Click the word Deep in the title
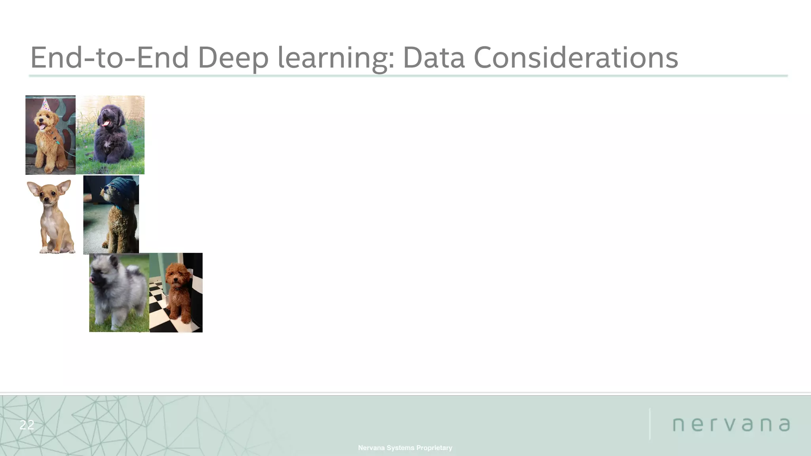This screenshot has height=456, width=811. tap(233, 58)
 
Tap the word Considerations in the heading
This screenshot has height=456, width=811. tap(575, 58)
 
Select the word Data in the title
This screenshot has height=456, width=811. tap(433, 58)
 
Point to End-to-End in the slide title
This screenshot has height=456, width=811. tap(109, 58)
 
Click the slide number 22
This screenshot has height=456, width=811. tap(27, 425)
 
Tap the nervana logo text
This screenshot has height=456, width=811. tap(731, 424)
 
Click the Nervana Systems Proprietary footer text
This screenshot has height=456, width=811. tap(405, 448)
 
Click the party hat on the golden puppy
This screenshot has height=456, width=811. tap(46, 105)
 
